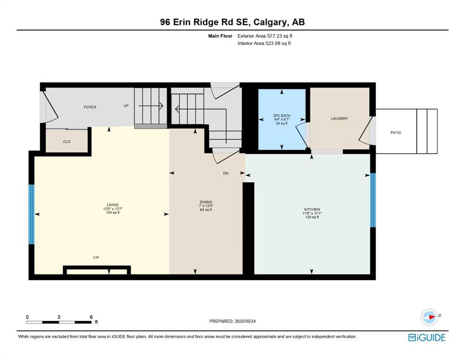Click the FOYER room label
tap(90, 107)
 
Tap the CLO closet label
tap(66, 142)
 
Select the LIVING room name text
tap(113, 205)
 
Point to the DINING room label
tap(206, 202)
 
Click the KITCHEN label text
tap(312, 209)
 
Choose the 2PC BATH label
tap(282, 115)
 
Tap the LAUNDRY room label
tap(339, 119)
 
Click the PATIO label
tap(396, 133)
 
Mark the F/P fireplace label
tap(96, 258)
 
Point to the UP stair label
tap(126, 105)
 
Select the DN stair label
tap(226, 173)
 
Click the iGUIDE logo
tap(427, 337)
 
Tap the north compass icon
tap(429, 317)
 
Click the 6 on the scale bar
tap(91, 317)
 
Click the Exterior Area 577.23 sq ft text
tap(265, 36)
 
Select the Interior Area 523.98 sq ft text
tap(264, 43)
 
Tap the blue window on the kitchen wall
tap(373, 200)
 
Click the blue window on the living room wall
tap(31, 214)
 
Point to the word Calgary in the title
tap(271, 22)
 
